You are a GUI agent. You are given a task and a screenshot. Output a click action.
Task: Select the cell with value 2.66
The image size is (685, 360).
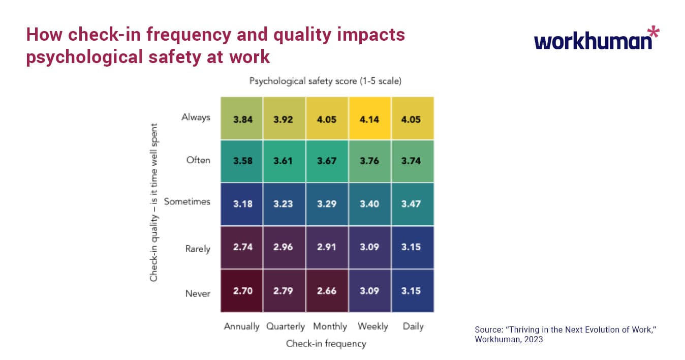tap(327, 291)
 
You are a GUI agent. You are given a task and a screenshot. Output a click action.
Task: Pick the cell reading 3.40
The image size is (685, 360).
tap(369, 203)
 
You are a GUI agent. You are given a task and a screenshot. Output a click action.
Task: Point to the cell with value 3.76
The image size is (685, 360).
tap(369, 161)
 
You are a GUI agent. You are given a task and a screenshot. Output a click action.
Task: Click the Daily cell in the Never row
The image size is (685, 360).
tap(412, 291)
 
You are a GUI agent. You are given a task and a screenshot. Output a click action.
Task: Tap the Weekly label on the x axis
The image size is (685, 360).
tap(372, 326)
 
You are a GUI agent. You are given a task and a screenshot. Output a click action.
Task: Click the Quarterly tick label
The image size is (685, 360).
tap(286, 326)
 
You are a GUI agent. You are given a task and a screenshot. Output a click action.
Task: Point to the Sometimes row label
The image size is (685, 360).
tap(187, 201)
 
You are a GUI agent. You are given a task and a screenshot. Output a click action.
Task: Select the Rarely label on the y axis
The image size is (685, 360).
tap(197, 249)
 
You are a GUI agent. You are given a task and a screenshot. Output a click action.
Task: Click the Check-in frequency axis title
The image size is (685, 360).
tap(326, 344)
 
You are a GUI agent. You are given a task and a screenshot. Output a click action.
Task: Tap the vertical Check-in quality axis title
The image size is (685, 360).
tap(153, 202)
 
